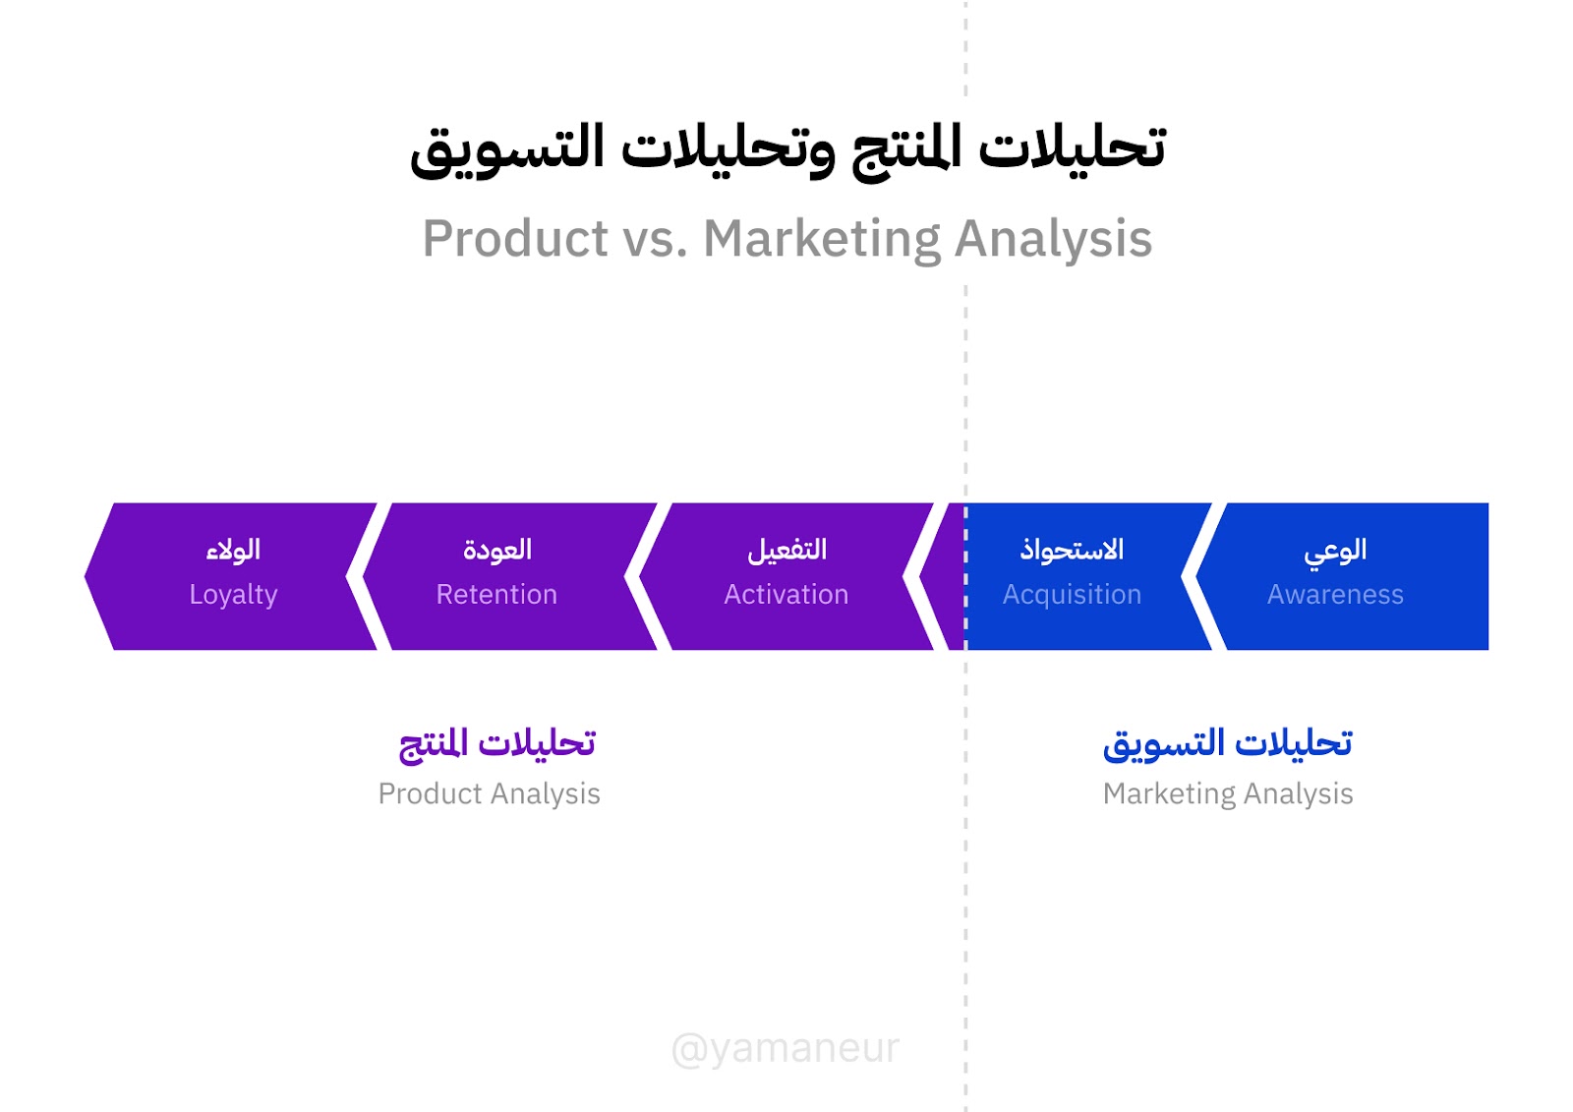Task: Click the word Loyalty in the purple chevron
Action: click(233, 595)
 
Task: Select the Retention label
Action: click(496, 594)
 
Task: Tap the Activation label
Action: click(786, 594)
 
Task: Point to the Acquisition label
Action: click(1072, 595)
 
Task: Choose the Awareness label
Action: click(1335, 594)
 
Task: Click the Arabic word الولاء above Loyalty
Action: click(233, 550)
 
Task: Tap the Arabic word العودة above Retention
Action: click(497, 549)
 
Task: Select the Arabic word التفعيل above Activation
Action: click(786, 550)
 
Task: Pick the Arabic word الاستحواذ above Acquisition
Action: click(1072, 549)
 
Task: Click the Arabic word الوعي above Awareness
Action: click(1335, 550)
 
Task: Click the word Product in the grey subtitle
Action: click(515, 239)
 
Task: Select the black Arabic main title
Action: click(787, 148)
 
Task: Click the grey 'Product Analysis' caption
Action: click(489, 794)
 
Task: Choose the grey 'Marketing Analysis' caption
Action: click(1228, 794)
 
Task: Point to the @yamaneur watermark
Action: click(786, 1049)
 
